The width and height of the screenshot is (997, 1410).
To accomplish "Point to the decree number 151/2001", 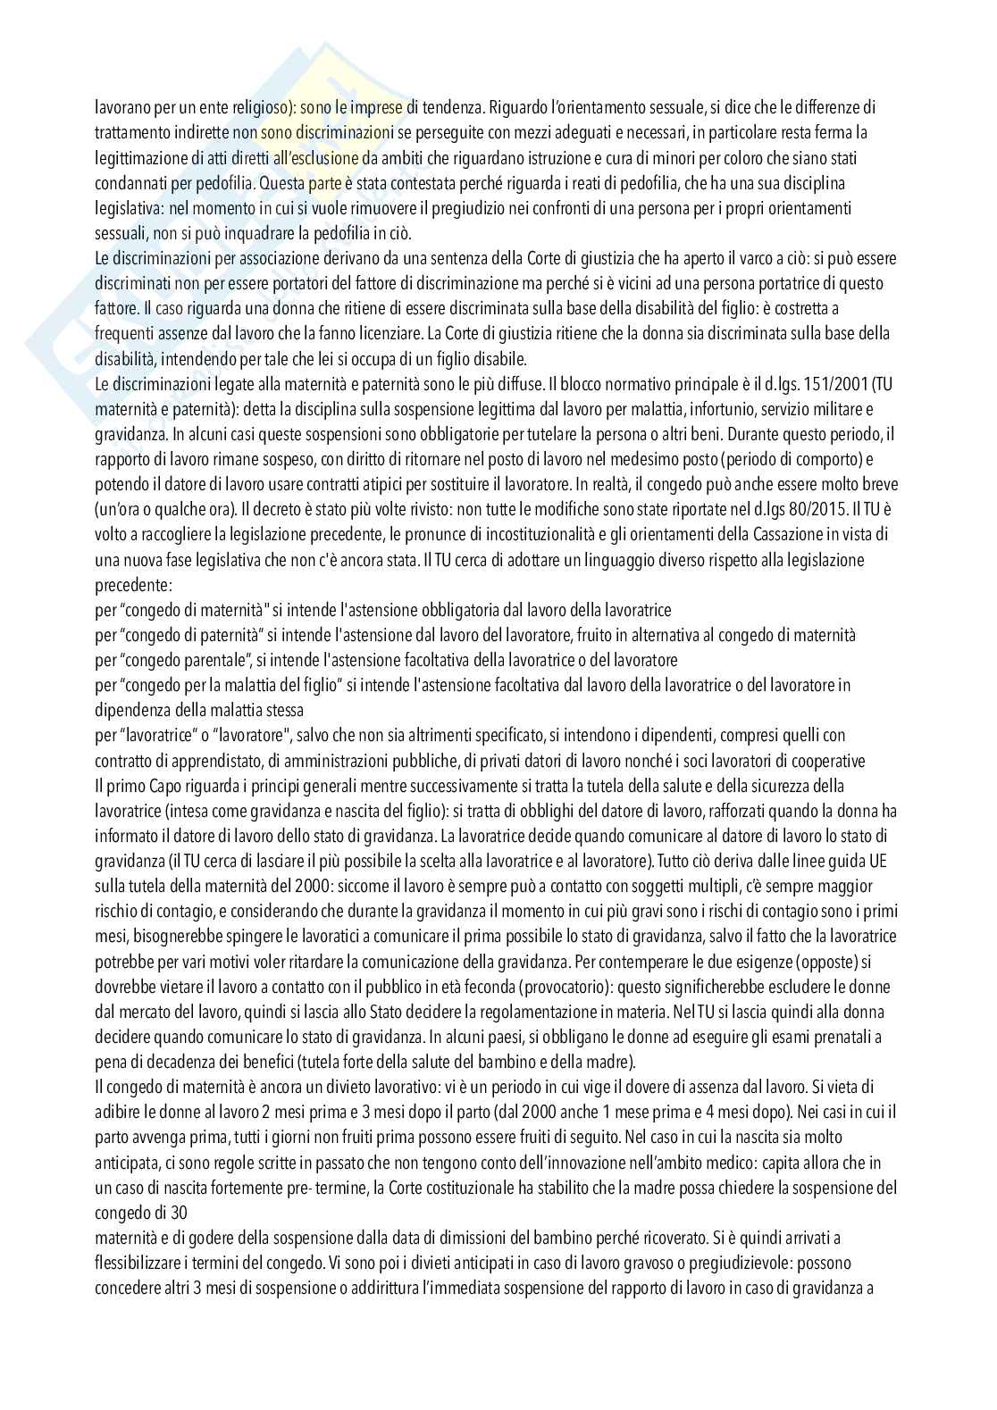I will click(x=827, y=385).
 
